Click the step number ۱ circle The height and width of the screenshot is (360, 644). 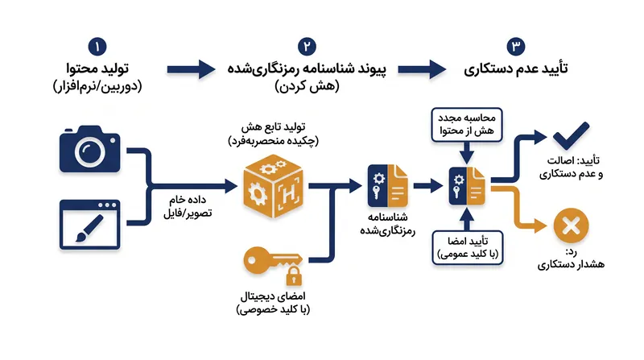coord(97,47)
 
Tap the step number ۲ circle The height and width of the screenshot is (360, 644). coord(307,47)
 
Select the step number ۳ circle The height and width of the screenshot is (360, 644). coord(516,47)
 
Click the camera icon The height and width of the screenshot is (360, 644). coord(90,149)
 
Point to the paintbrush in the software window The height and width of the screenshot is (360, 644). coord(89,229)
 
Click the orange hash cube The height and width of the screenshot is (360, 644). coord(273,186)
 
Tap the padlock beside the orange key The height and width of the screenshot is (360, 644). coord(294,276)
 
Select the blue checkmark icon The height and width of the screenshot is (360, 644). coord(572,135)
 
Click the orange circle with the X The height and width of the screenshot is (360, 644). coord(571,226)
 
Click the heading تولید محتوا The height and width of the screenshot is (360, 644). coord(97,68)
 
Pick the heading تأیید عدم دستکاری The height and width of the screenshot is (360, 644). coord(516,68)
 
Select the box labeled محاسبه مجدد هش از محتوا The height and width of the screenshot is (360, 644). coord(467,125)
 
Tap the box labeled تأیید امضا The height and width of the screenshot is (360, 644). coord(468,248)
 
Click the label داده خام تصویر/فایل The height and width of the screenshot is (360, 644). coord(188,206)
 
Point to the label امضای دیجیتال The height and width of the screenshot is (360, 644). coord(273,296)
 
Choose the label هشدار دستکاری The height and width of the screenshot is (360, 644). coord(571,264)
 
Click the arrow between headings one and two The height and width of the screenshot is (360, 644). coord(191,69)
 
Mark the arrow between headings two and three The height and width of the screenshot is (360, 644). coord(422,69)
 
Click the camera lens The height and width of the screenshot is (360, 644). coord(90,151)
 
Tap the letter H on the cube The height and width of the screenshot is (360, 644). coord(289,192)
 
